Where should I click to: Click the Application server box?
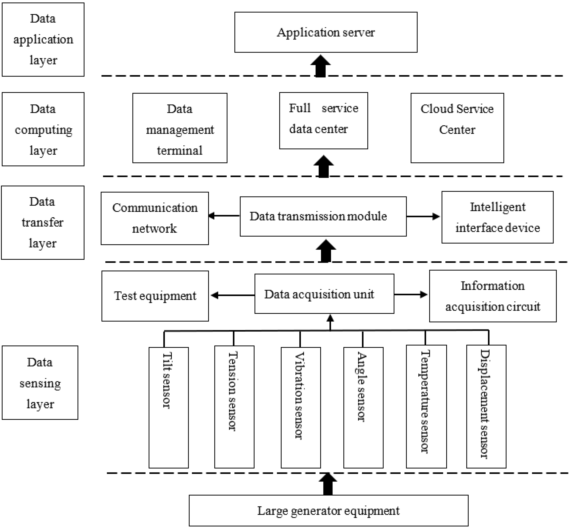(326, 32)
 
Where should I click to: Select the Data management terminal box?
(180, 128)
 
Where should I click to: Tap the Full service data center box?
(323, 121)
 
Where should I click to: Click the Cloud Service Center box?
(457, 128)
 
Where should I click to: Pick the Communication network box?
(155, 218)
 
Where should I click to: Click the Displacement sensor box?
(486, 406)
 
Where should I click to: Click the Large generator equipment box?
(328, 511)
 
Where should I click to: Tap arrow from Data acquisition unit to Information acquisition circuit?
(411, 294)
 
